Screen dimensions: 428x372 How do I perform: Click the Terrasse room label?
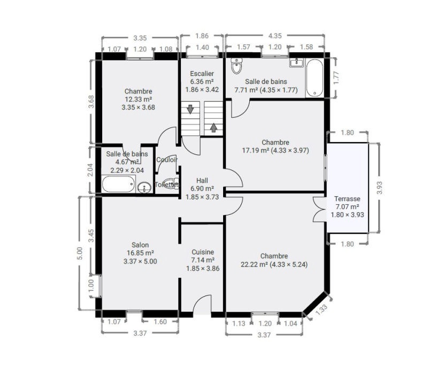click(x=347, y=198)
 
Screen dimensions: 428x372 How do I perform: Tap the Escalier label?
click(x=202, y=73)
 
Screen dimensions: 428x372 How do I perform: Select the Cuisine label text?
click(x=203, y=252)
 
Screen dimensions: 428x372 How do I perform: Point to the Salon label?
click(x=140, y=245)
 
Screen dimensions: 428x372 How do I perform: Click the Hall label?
click(x=202, y=180)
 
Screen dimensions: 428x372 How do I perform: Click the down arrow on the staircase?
click(x=190, y=109)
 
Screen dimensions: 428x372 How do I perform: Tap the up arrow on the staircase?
click(x=213, y=128)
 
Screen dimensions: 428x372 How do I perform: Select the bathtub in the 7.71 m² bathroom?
click(x=315, y=78)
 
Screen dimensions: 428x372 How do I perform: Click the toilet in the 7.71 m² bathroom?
click(x=236, y=65)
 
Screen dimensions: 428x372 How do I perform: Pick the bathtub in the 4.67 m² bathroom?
click(x=119, y=184)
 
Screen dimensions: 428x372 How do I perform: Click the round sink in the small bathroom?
click(x=144, y=188)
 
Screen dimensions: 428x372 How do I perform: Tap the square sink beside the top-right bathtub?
click(x=296, y=63)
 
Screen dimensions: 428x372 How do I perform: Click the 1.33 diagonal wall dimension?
click(x=322, y=310)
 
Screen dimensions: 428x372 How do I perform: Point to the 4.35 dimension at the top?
click(x=275, y=36)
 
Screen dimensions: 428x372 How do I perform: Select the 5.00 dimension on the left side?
click(x=79, y=253)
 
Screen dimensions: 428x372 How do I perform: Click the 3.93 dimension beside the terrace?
click(x=379, y=188)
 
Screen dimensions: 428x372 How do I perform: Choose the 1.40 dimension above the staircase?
click(x=202, y=48)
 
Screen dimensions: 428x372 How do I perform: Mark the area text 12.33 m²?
click(x=139, y=99)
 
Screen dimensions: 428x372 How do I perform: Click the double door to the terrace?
click(x=319, y=209)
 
